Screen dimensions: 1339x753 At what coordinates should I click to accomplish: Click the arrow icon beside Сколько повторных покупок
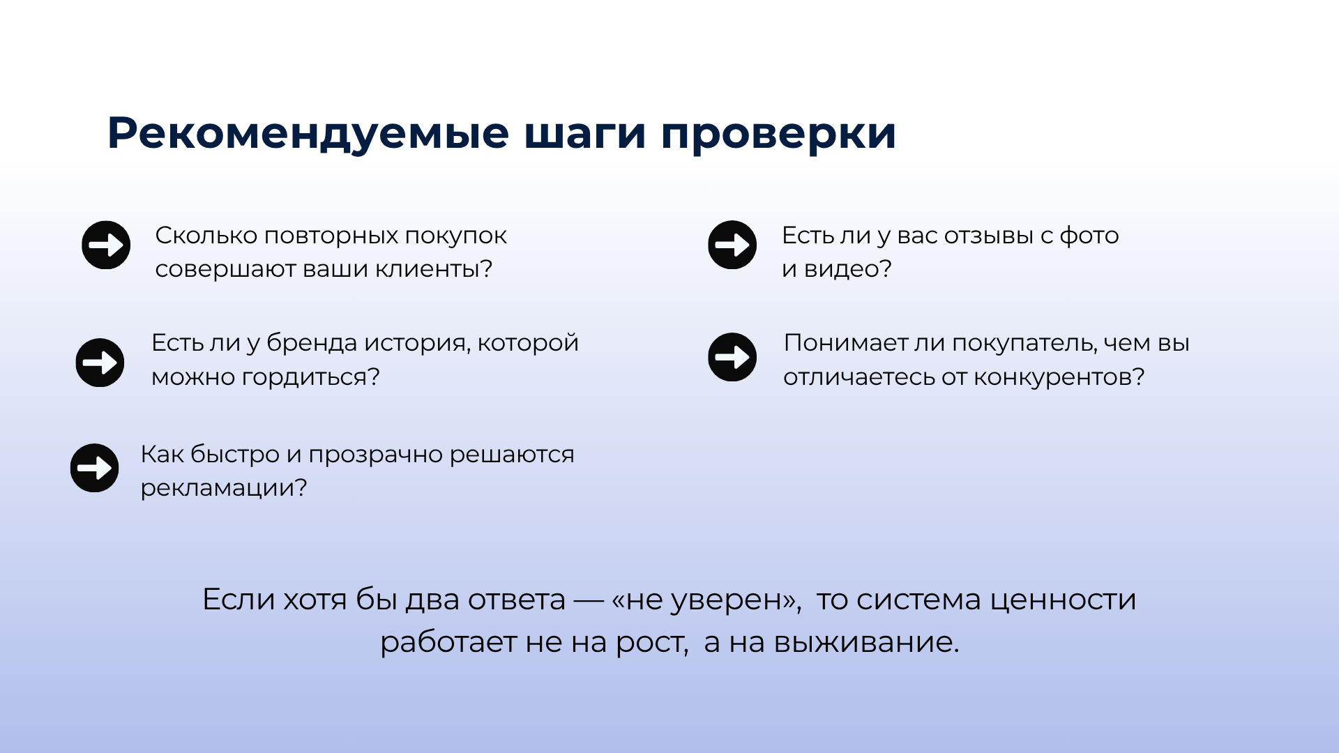coord(106,245)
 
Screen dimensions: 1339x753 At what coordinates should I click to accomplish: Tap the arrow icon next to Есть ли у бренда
coord(100,363)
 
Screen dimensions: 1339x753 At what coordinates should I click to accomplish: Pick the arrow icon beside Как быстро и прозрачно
coord(94,468)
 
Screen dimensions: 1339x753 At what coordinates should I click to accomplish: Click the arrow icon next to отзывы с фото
coord(732,245)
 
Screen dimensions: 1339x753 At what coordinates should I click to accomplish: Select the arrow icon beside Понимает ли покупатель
coord(732,357)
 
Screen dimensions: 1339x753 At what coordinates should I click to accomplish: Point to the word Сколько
coord(206,236)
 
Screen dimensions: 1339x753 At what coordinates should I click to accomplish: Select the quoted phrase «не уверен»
coord(705,600)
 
